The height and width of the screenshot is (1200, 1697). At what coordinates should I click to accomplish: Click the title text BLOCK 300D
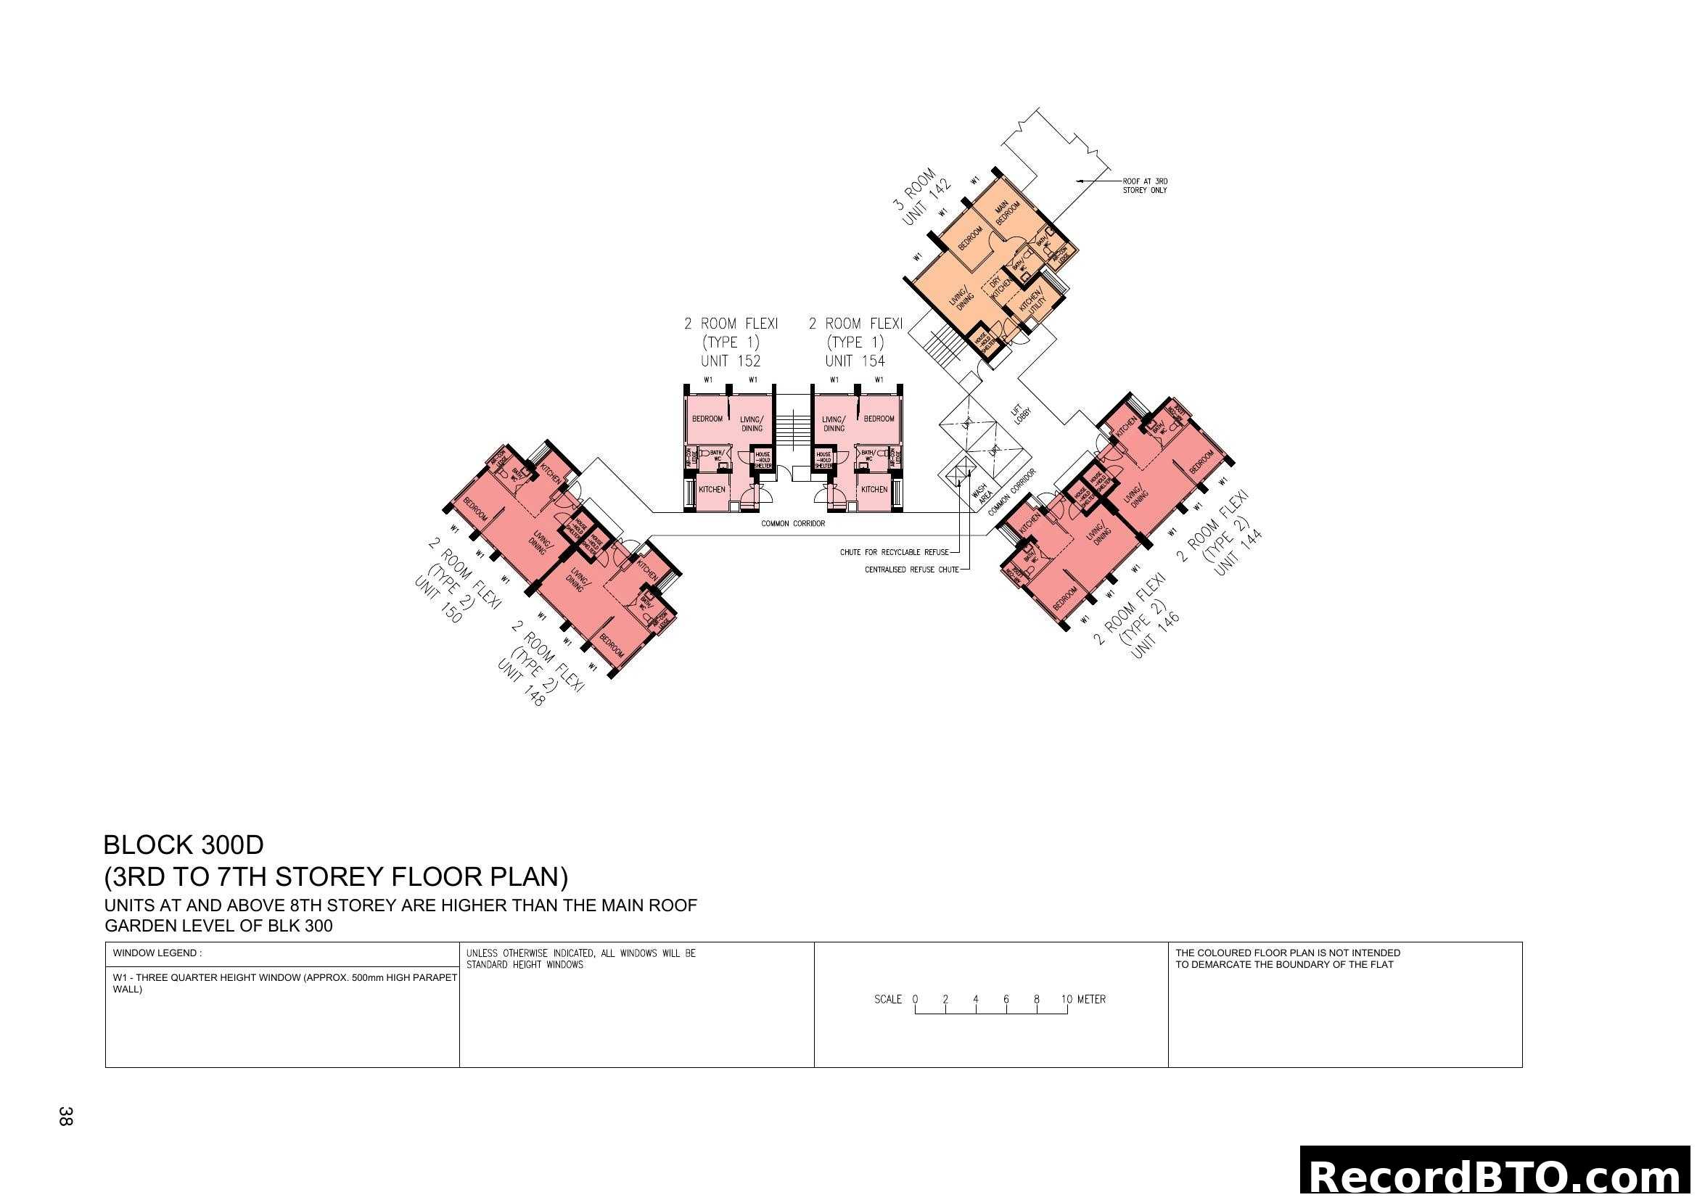click(x=183, y=844)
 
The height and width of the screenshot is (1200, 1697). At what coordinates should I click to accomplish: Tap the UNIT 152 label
click(x=731, y=361)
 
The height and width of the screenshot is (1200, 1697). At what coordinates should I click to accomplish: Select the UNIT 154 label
click(x=855, y=361)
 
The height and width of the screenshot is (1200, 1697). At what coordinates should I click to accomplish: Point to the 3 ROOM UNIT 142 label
click(x=921, y=196)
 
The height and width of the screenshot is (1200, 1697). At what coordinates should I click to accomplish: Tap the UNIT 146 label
click(x=1154, y=634)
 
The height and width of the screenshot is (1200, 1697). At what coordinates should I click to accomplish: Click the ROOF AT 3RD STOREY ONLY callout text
click(x=1144, y=186)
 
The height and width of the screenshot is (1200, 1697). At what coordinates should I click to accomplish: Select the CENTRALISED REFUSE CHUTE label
click(x=911, y=570)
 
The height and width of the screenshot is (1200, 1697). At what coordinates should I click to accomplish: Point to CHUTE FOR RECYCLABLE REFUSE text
click(x=894, y=552)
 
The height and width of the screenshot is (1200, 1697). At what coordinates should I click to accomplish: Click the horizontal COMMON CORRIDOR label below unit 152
click(x=792, y=523)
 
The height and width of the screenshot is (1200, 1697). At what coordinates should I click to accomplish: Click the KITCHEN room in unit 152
click(x=712, y=489)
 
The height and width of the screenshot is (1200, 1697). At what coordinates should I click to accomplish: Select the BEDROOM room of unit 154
click(x=879, y=418)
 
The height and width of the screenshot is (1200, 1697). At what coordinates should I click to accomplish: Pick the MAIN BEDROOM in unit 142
click(x=1007, y=212)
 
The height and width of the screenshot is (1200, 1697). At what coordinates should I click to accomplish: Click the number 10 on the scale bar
click(x=1066, y=999)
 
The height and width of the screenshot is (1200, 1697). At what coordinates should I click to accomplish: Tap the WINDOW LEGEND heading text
click(x=157, y=953)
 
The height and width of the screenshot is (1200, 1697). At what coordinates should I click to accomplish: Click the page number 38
click(x=65, y=1116)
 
